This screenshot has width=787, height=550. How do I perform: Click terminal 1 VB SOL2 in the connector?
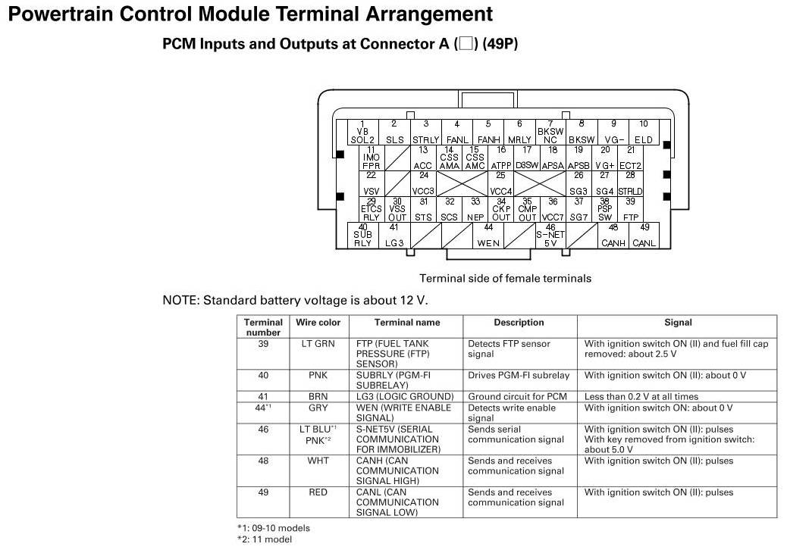[x=362, y=133]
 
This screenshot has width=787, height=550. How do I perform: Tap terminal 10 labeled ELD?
[x=643, y=133]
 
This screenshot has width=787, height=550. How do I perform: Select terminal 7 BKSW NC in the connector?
[x=550, y=133]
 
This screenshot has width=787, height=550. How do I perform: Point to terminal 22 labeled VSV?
[x=371, y=184]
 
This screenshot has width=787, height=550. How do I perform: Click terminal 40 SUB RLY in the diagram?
[x=363, y=236]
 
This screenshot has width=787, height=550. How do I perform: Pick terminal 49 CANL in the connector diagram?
[x=644, y=236]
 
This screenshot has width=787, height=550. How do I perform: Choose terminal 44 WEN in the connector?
[x=488, y=236]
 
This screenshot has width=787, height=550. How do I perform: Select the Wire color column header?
[x=318, y=323]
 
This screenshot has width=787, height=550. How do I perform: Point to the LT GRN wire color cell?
[x=318, y=344]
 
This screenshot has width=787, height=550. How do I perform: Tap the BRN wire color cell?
[x=318, y=397]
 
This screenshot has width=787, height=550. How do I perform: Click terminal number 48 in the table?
[x=263, y=461]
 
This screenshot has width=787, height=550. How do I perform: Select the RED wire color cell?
[x=318, y=492]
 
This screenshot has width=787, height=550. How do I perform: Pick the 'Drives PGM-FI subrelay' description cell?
[x=518, y=376]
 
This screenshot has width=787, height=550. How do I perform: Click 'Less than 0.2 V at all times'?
[x=641, y=397]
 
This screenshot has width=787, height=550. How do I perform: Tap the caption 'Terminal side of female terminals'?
[x=505, y=279]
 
